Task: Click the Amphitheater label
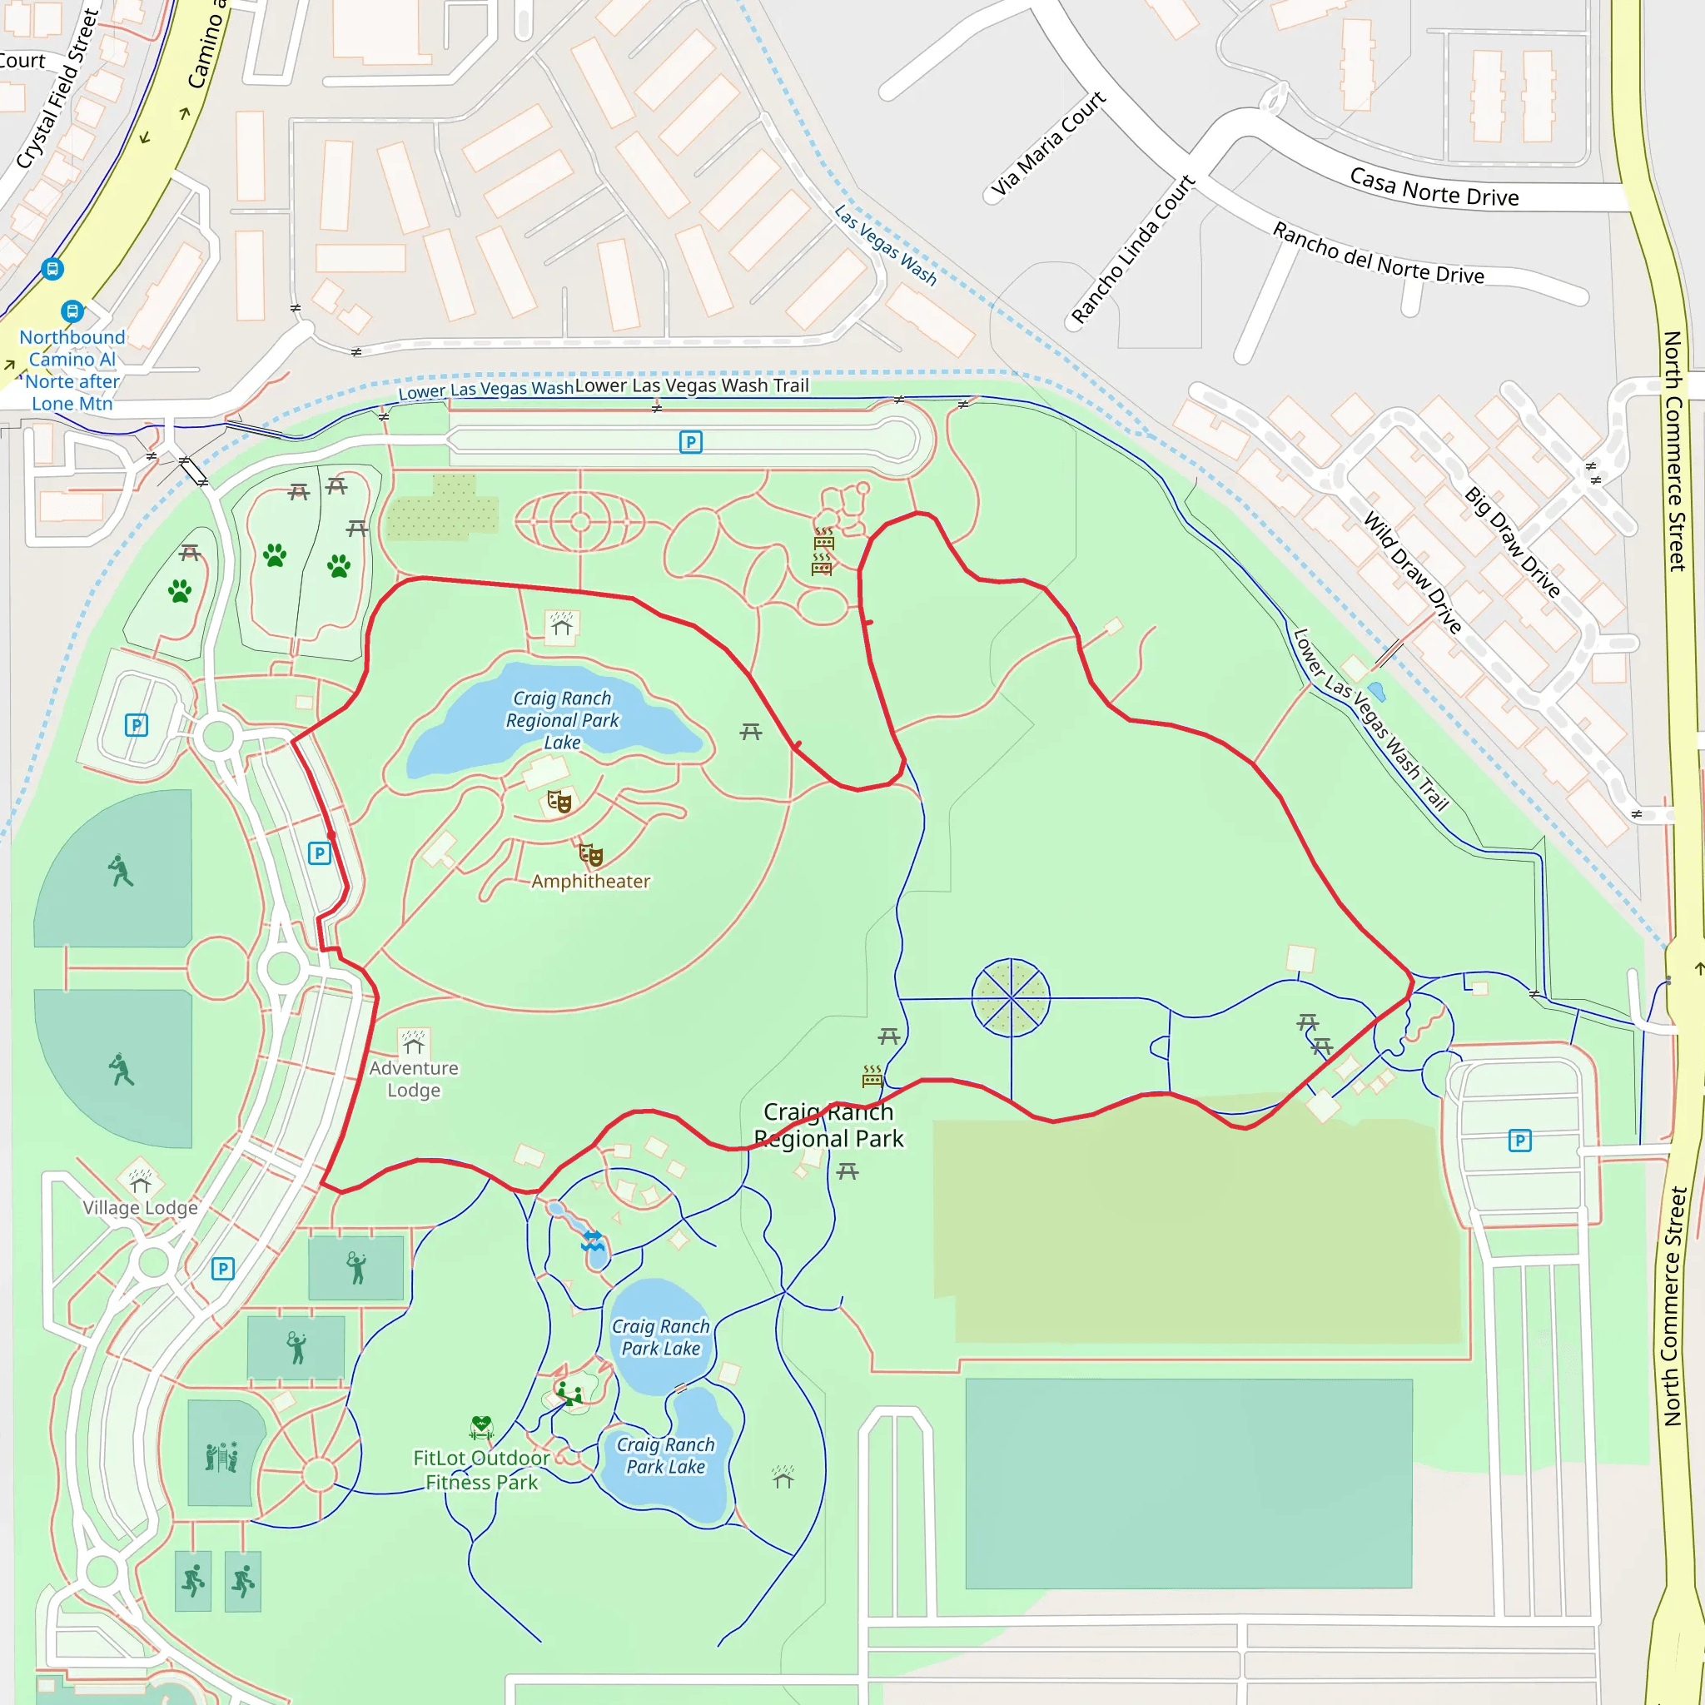pyautogui.click(x=590, y=882)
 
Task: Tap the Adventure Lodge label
pyautogui.click(x=414, y=1078)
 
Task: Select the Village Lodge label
pyautogui.click(x=141, y=1207)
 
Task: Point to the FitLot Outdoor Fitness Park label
pyautogui.click(x=481, y=1470)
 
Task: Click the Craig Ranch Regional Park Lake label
pyautogui.click(x=562, y=720)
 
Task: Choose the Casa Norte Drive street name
pyautogui.click(x=1434, y=187)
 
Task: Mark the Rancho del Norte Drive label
pyautogui.click(x=1378, y=254)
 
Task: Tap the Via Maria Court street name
pyautogui.click(x=1047, y=144)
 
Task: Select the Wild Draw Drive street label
pyautogui.click(x=1412, y=573)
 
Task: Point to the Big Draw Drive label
pyautogui.click(x=1513, y=542)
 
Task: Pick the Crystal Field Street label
pyautogui.click(x=58, y=88)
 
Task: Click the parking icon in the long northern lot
pyautogui.click(x=691, y=442)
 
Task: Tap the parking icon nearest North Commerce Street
pyautogui.click(x=1519, y=1141)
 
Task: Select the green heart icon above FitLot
pyautogui.click(x=481, y=1426)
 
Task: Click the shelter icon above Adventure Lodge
pyautogui.click(x=414, y=1042)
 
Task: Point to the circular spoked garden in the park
pyautogui.click(x=1011, y=997)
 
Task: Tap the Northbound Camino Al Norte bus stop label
pyautogui.click(x=72, y=370)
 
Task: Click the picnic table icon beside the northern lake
pyautogui.click(x=751, y=731)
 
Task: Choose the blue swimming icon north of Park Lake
pyautogui.click(x=593, y=1240)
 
